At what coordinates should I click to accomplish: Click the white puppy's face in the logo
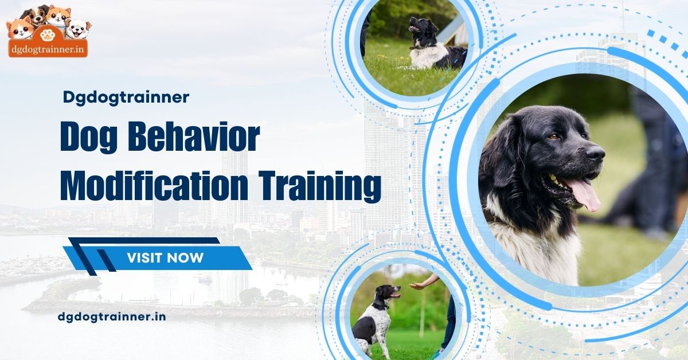coord(79,28)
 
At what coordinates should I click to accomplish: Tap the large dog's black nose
coord(595,153)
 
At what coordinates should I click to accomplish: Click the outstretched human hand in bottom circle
coord(417,285)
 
